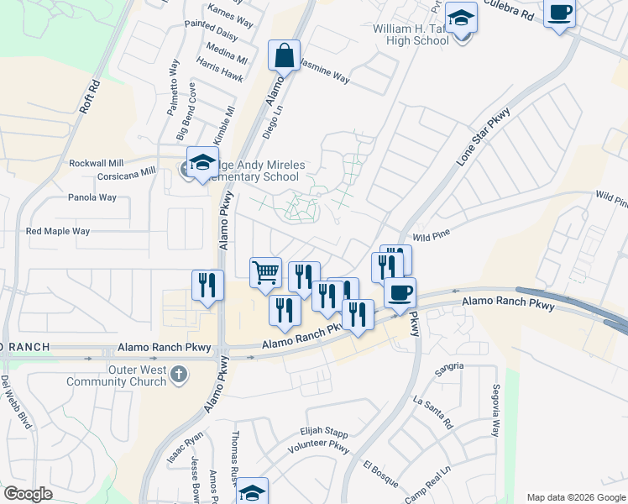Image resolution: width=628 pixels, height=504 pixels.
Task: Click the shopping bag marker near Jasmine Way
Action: click(284, 56)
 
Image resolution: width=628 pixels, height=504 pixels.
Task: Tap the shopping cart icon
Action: click(265, 271)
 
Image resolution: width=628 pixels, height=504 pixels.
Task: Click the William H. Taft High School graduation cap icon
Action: click(460, 18)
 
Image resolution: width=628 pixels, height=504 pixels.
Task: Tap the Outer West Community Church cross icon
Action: click(178, 375)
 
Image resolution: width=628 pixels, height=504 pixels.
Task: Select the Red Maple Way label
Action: click(58, 231)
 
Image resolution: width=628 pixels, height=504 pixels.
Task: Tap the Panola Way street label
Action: click(92, 198)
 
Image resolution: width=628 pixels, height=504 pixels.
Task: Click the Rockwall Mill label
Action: click(97, 163)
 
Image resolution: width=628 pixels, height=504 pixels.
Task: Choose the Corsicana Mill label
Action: click(127, 171)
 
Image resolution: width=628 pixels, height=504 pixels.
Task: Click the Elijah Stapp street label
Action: click(323, 432)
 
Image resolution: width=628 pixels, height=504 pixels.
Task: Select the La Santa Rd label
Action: click(432, 412)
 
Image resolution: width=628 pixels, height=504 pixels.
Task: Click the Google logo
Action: click(28, 494)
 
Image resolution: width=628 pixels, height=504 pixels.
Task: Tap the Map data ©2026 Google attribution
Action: click(577, 497)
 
